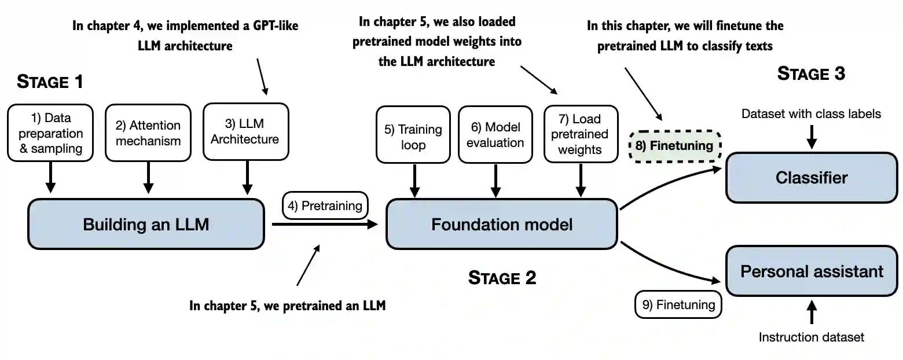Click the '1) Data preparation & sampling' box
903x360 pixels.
pyautogui.click(x=50, y=133)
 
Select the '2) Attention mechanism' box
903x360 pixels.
pyautogui.click(x=148, y=133)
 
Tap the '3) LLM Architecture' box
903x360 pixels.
pyautogui.click(x=246, y=132)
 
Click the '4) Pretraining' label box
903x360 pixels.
pyautogui.click(x=325, y=205)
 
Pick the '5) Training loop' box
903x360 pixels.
pyautogui.click(x=413, y=135)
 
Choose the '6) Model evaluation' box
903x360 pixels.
pyautogui.click(x=495, y=135)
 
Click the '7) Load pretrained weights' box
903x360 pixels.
pyautogui.click(x=581, y=134)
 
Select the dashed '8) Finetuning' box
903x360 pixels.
pyautogui.click(x=675, y=146)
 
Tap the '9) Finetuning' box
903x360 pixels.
pyautogui.click(x=678, y=304)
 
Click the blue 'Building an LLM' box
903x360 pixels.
pyautogui.click(x=146, y=224)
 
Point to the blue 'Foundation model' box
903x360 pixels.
pyautogui.click(x=502, y=224)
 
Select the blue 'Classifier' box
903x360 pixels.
pyautogui.click(x=812, y=177)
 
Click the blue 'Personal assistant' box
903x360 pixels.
pyautogui.click(x=812, y=271)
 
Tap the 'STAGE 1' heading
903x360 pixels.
pyautogui.click(x=50, y=82)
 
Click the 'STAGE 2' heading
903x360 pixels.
pyautogui.click(x=502, y=278)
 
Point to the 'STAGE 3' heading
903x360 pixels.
pyautogui.click(x=811, y=74)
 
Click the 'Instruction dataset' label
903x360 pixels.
pyautogui.click(x=811, y=337)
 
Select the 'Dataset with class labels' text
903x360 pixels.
pyautogui.click(x=811, y=114)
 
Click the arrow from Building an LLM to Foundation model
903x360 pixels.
pyautogui.click(x=325, y=224)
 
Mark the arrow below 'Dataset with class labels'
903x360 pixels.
pyautogui.click(x=812, y=137)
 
